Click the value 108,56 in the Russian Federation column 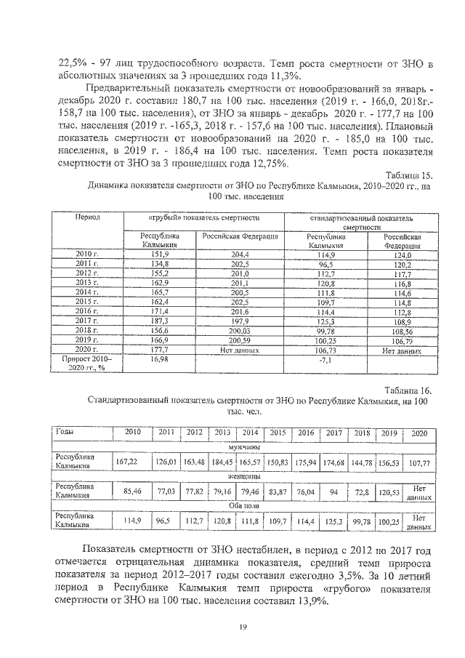pos(400,330)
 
